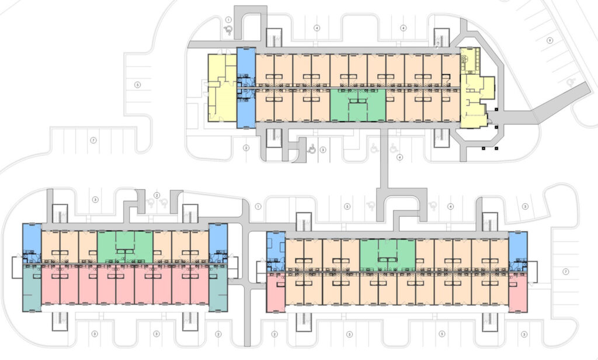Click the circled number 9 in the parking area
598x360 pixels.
550,40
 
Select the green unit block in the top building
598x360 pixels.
357,105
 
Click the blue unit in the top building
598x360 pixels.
246,88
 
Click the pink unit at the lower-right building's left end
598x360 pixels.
275,292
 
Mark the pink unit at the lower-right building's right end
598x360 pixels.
517,292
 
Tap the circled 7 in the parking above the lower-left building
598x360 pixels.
93,141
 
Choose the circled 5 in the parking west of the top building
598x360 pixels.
137,85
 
